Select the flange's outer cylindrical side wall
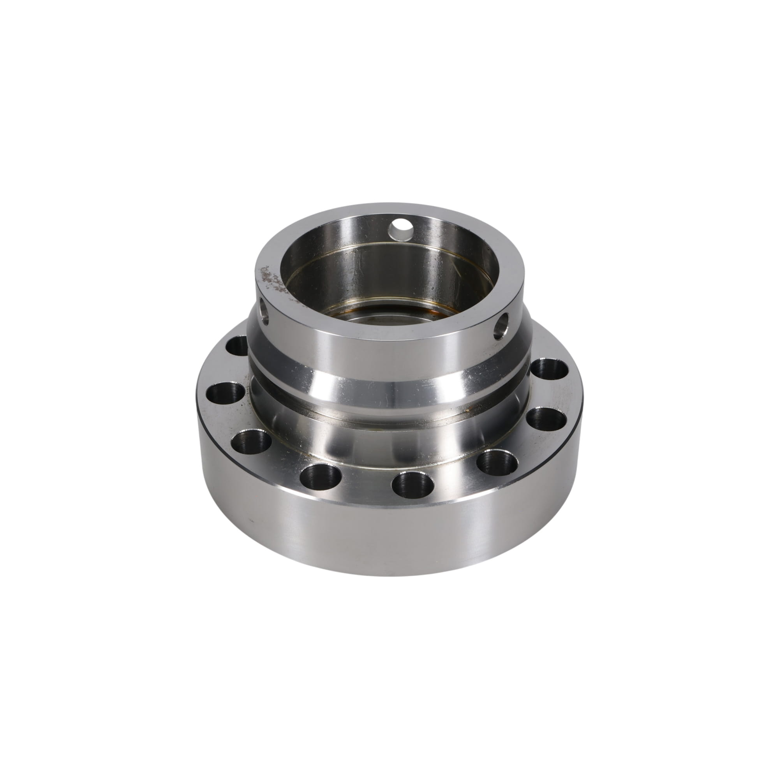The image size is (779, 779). (x=387, y=532)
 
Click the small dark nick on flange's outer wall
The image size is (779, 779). (x=251, y=520)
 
